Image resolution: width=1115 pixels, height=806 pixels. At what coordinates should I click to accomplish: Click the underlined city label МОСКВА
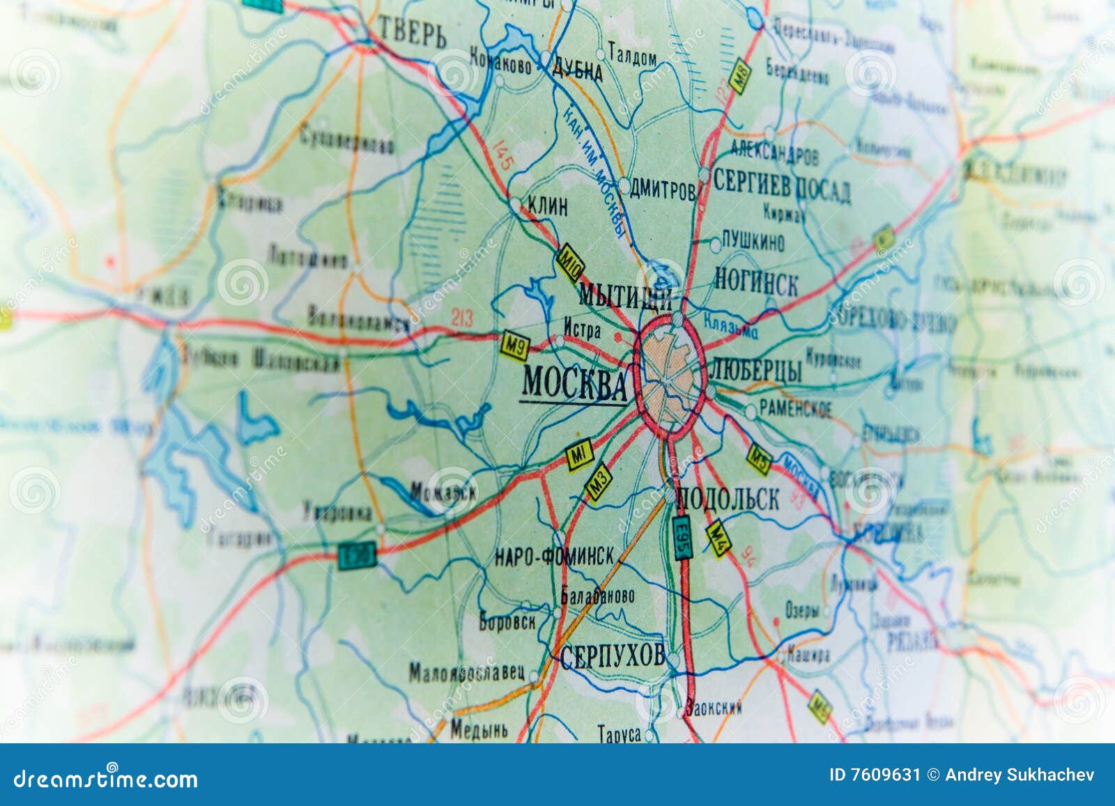click(574, 383)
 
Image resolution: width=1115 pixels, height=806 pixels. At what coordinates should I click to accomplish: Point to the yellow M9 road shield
click(515, 346)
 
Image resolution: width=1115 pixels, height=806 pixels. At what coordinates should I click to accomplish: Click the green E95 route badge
click(682, 538)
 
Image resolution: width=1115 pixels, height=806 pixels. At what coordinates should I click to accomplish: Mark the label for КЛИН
click(548, 206)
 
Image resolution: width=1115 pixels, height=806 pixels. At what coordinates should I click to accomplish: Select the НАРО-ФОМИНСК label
click(554, 556)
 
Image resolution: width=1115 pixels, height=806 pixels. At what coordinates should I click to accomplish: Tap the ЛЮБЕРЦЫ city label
click(758, 369)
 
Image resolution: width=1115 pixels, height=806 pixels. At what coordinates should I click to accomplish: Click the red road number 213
click(461, 318)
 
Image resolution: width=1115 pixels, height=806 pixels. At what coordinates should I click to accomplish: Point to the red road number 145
click(502, 155)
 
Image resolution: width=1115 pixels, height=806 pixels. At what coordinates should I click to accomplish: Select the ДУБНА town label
click(576, 70)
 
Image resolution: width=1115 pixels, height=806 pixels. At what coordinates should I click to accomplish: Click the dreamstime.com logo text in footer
click(106, 778)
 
